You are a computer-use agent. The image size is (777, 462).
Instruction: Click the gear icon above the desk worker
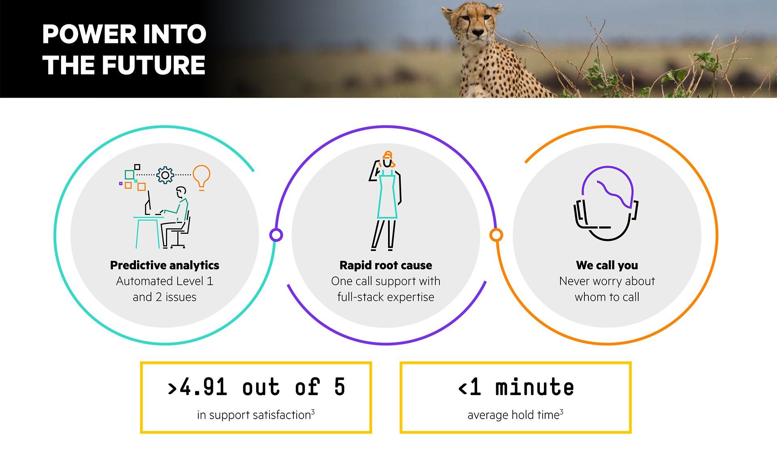tap(165, 175)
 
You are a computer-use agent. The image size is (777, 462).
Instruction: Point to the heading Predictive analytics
tap(165, 265)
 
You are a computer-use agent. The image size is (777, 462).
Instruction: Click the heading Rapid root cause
tap(386, 265)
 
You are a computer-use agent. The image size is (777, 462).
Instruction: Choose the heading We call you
tap(607, 265)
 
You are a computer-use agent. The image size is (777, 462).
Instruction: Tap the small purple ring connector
tap(276, 235)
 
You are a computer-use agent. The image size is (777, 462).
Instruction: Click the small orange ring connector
tap(496, 235)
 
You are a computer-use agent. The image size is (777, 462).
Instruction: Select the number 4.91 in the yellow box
tap(203, 387)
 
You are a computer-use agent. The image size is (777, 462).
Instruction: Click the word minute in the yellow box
tap(535, 387)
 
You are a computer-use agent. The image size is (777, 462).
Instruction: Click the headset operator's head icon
tap(606, 203)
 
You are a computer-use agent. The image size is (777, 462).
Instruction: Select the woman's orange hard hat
tap(387, 156)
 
